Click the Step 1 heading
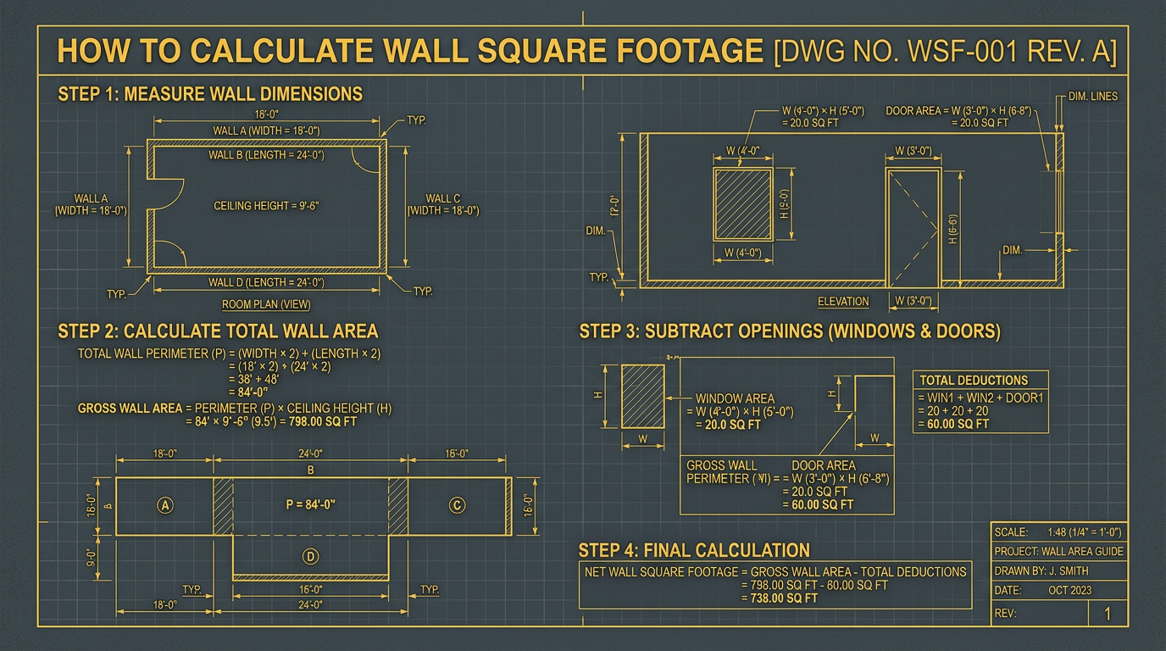210,93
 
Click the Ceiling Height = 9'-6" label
266,205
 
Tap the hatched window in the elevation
742,203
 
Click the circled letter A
165,506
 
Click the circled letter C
456,506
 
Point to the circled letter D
310,557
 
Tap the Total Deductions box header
974,381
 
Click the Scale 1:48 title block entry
1058,532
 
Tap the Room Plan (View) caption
266,304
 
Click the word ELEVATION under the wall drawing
842,302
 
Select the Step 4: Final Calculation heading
693,549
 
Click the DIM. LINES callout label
1092,97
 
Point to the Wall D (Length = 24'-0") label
266,282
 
